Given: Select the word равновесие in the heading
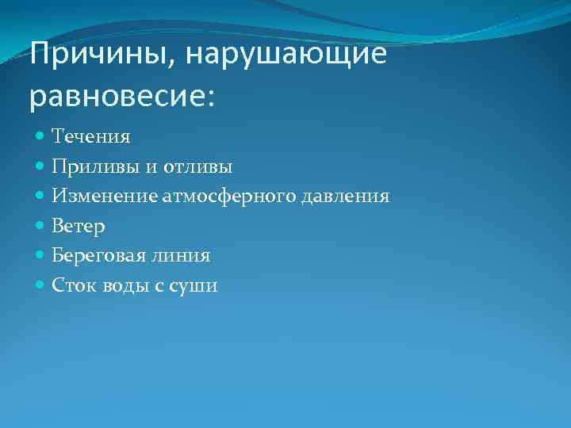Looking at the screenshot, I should pyautogui.click(x=116, y=97).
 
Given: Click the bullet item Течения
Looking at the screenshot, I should pyautogui.click(x=91, y=136).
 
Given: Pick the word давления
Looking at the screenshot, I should pyautogui.click(x=347, y=196).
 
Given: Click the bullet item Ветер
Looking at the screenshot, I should pyautogui.click(x=79, y=226).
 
